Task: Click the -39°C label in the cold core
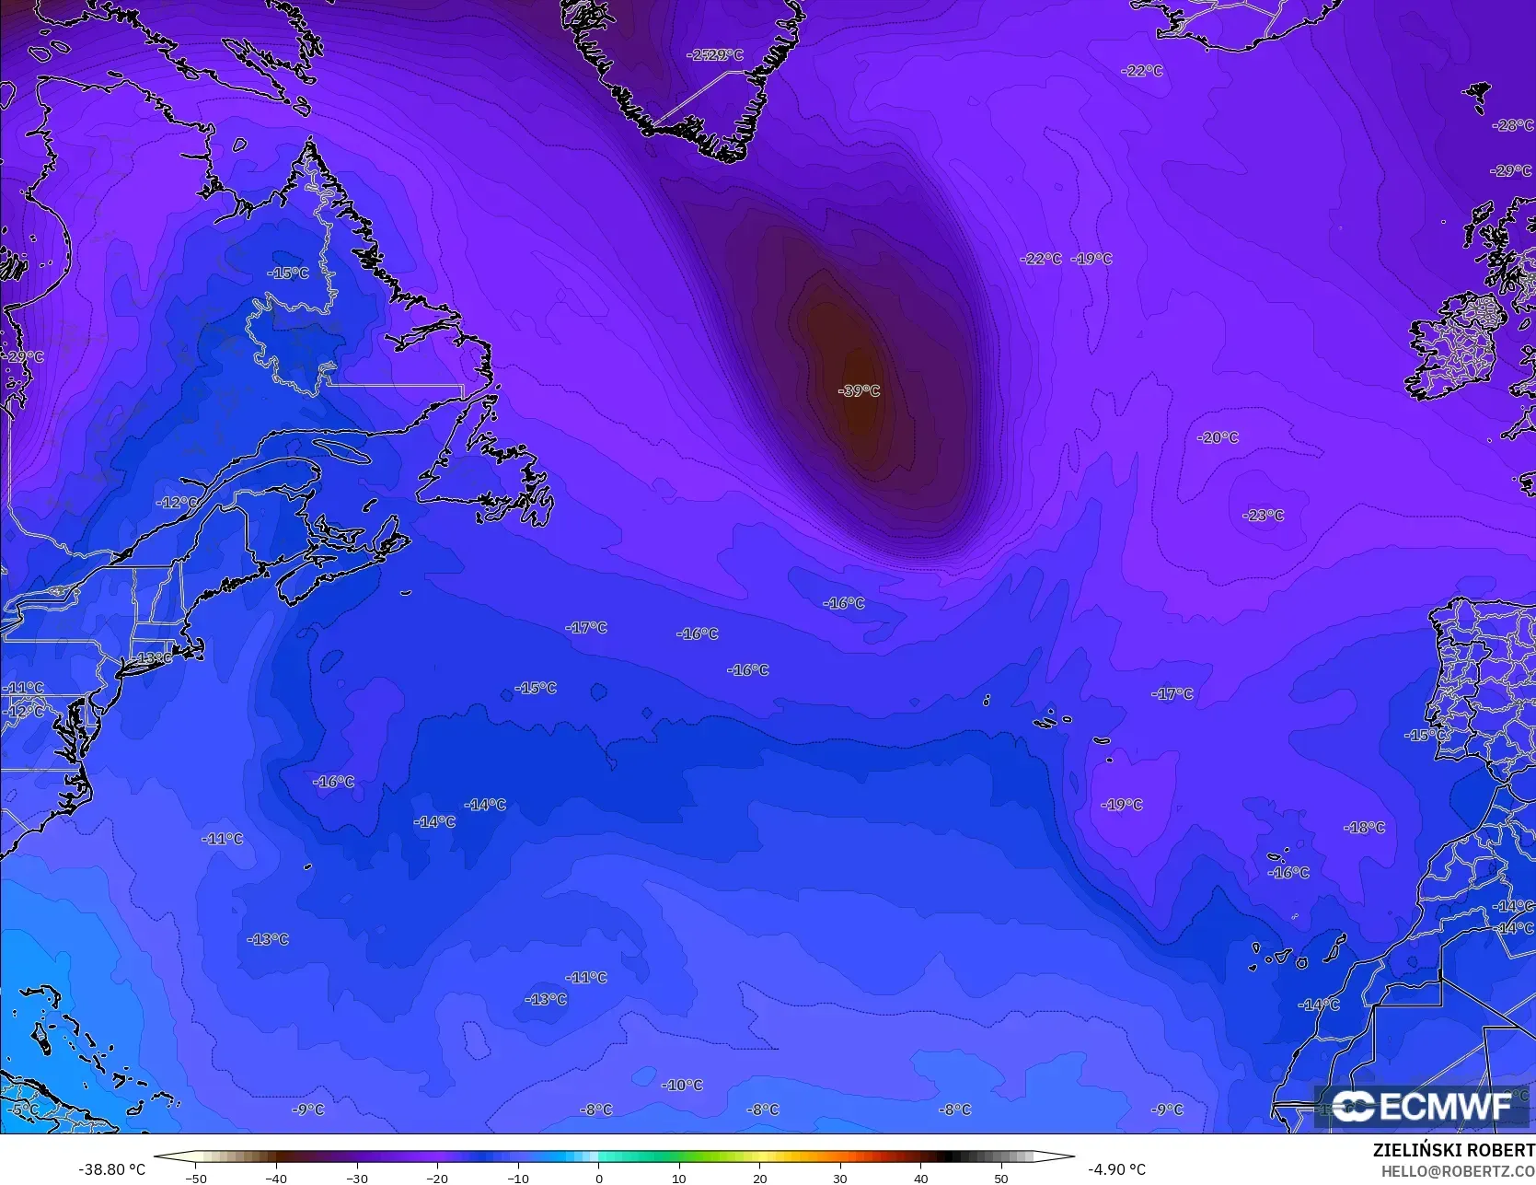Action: pos(858,390)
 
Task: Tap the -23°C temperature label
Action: pos(1263,516)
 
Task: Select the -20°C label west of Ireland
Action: pos(1218,437)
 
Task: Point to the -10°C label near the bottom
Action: pos(682,1086)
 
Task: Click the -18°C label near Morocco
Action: pos(1364,828)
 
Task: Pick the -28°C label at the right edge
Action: pos(1513,125)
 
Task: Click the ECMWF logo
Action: pos(1422,1106)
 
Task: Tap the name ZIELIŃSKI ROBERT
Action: pos(1453,1151)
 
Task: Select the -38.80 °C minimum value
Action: pos(111,1169)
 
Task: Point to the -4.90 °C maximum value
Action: pos(1116,1169)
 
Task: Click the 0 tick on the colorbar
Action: pos(599,1178)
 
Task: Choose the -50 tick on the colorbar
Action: pos(195,1178)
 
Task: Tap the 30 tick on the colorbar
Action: pos(840,1178)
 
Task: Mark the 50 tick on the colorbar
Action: pos(1001,1178)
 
